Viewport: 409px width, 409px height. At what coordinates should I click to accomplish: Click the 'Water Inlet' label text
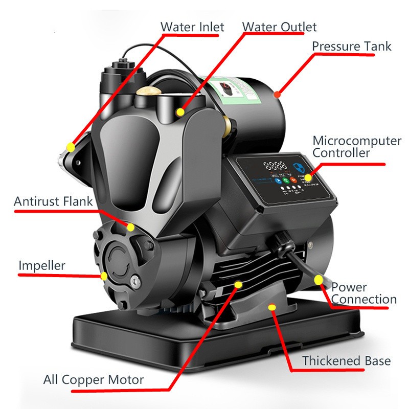click(x=192, y=27)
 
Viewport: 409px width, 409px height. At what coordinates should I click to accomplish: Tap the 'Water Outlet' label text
click(x=279, y=27)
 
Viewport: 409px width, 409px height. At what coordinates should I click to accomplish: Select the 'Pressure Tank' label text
click(x=352, y=46)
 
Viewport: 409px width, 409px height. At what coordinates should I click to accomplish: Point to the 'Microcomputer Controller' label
click(x=356, y=147)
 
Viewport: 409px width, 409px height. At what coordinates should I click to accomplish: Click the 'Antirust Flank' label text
click(x=53, y=201)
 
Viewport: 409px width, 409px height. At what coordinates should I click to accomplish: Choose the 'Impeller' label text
click(x=42, y=265)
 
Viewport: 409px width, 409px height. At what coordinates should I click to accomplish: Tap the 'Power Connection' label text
click(x=363, y=293)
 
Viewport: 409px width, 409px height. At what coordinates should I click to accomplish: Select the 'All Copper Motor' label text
click(x=94, y=380)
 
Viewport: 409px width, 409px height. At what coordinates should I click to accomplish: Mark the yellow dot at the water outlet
click(x=180, y=112)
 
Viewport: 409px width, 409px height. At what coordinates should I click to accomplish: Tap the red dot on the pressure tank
click(x=277, y=94)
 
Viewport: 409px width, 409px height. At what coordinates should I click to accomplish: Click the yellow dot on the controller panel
click(x=308, y=177)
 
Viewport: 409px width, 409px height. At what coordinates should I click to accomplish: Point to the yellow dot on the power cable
click(x=319, y=280)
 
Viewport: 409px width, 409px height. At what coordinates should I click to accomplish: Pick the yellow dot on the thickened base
click(x=272, y=307)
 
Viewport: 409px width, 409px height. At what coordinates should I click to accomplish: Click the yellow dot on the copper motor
click(x=237, y=283)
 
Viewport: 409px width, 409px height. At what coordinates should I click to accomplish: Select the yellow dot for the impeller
click(x=104, y=276)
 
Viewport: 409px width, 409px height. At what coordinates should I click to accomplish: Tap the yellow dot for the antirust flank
click(x=131, y=227)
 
